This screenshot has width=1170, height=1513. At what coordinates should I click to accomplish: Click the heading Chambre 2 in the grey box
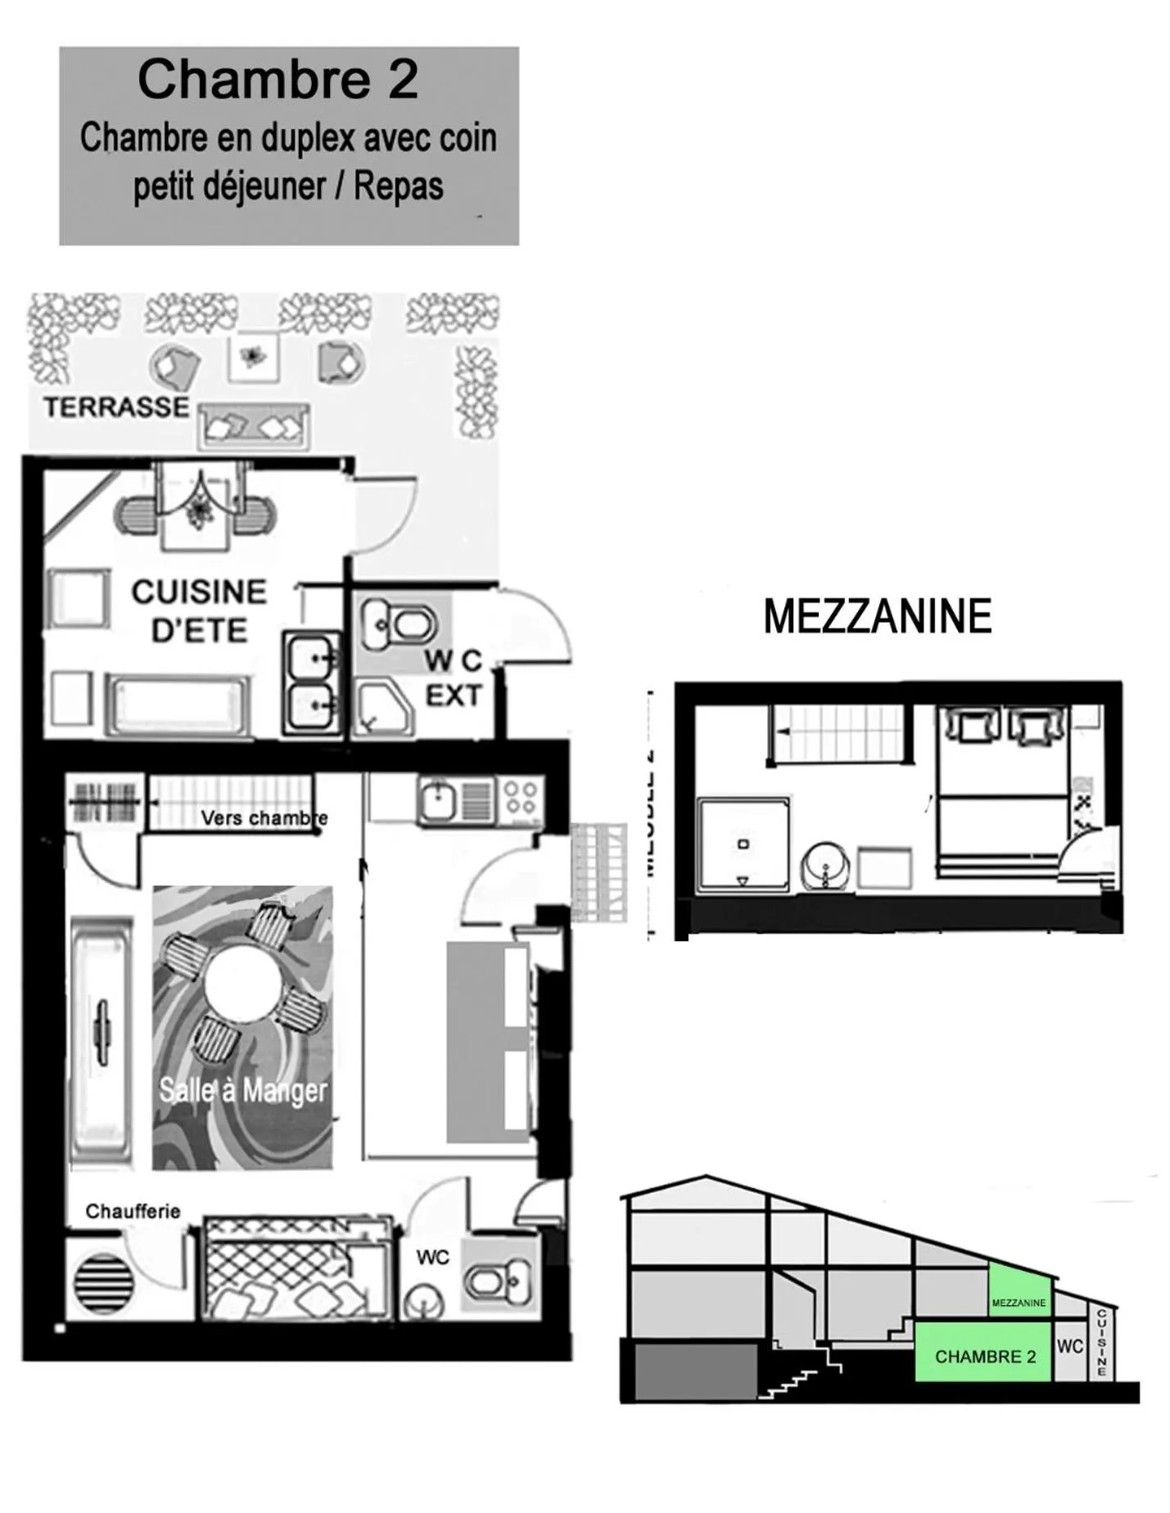click(278, 79)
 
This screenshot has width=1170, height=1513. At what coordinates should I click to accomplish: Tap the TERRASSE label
click(116, 407)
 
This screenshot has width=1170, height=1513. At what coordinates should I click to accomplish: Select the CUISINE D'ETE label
click(199, 610)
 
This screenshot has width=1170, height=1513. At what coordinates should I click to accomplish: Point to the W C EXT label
click(453, 678)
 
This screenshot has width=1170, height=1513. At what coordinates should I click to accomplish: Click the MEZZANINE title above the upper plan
click(877, 616)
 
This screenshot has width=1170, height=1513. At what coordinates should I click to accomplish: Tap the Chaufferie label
click(133, 1211)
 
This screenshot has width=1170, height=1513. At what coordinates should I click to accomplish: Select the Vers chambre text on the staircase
click(264, 818)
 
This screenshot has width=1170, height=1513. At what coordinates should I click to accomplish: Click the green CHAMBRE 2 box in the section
click(984, 1357)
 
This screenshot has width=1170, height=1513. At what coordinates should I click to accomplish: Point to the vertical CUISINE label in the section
click(1101, 1342)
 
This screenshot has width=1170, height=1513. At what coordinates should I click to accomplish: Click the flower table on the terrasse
click(253, 358)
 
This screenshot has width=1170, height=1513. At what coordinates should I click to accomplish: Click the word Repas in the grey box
click(398, 186)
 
